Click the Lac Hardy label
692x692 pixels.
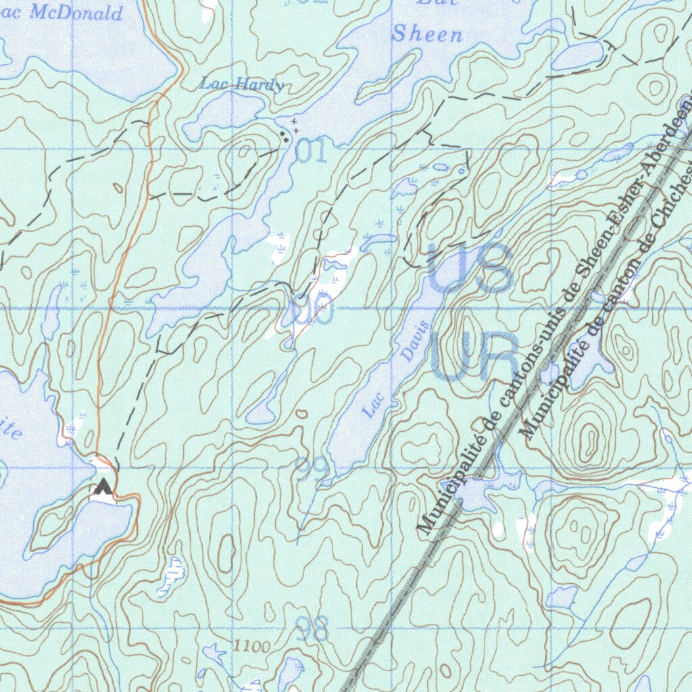(241, 85)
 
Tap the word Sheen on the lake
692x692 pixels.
(428, 34)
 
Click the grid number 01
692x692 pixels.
(311, 153)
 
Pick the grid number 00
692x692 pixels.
(313, 311)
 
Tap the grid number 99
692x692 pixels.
(313, 468)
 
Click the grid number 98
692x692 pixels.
(312, 629)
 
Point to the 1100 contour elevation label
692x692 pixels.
(251, 647)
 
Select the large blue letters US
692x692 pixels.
(469, 268)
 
